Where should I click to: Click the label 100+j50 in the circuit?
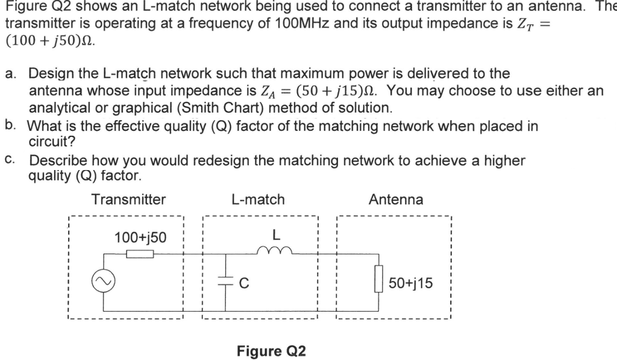[x=140, y=238]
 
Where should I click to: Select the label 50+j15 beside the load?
[x=410, y=283]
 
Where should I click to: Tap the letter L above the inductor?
[x=276, y=234]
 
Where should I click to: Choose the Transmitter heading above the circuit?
[x=128, y=200]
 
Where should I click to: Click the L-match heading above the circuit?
[x=257, y=200]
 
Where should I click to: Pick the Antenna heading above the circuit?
[x=396, y=200]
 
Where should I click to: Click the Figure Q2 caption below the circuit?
[x=271, y=351]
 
